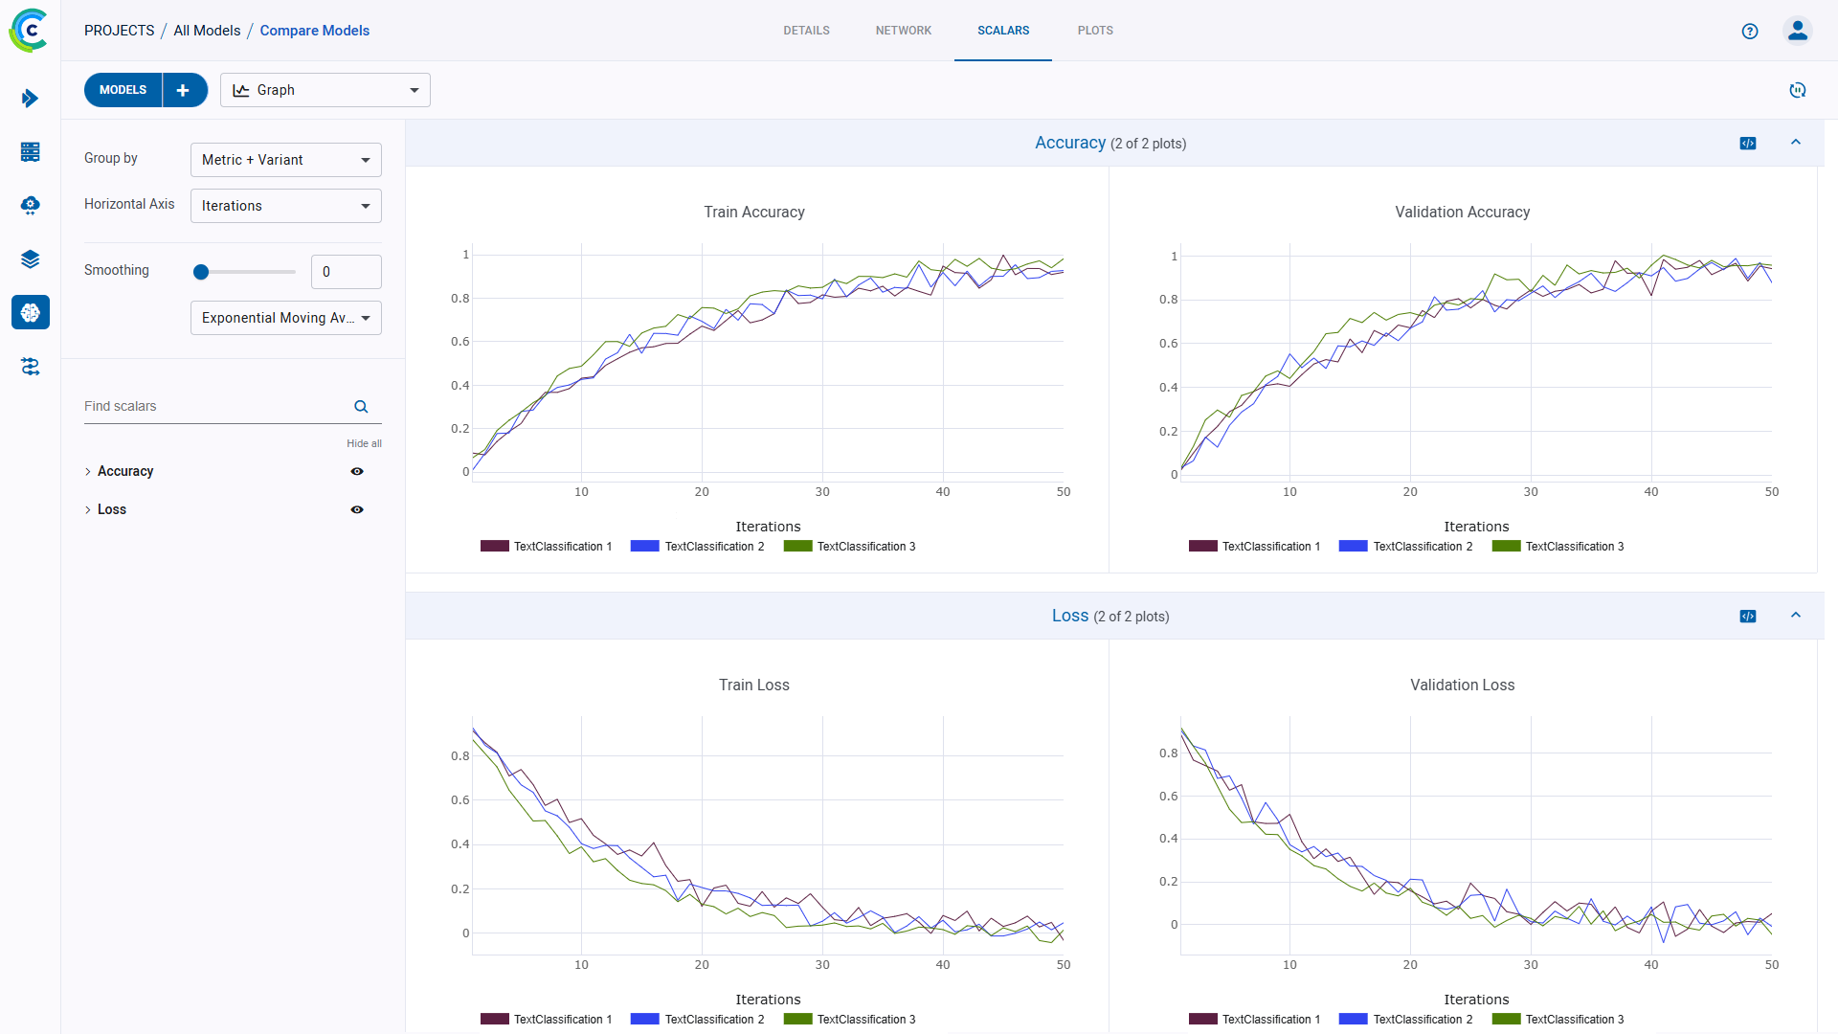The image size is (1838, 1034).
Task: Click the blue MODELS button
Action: pyautogui.click(x=123, y=90)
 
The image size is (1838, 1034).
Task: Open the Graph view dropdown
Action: pyautogui.click(x=325, y=90)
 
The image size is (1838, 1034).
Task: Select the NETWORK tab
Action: pyautogui.click(x=903, y=31)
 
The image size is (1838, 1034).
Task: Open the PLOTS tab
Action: pyautogui.click(x=1095, y=31)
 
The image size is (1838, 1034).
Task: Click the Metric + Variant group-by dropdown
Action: pyautogui.click(x=285, y=160)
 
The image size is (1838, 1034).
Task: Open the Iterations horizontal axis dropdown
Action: pyautogui.click(x=285, y=206)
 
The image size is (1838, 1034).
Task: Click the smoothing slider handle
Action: pyautogui.click(x=201, y=272)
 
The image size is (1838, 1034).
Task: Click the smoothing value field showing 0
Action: pyautogui.click(x=346, y=272)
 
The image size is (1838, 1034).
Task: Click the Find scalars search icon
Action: pyautogui.click(x=361, y=407)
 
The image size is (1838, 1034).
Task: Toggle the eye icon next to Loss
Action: pyautogui.click(x=357, y=510)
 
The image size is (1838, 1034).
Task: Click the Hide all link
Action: pyautogui.click(x=364, y=443)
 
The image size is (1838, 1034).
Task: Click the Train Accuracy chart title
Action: pyautogui.click(x=753, y=213)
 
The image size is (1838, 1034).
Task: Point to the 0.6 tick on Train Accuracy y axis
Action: pyautogui.click(x=460, y=342)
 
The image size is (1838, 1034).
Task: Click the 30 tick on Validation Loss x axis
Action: pyautogui.click(x=1530, y=965)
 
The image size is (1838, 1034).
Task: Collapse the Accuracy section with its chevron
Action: pyautogui.click(x=1796, y=143)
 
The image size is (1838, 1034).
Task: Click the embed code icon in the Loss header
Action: pyautogui.click(x=1748, y=617)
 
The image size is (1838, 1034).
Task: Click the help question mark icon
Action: pyautogui.click(x=1750, y=31)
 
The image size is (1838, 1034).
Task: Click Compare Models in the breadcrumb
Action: pyautogui.click(x=314, y=31)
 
